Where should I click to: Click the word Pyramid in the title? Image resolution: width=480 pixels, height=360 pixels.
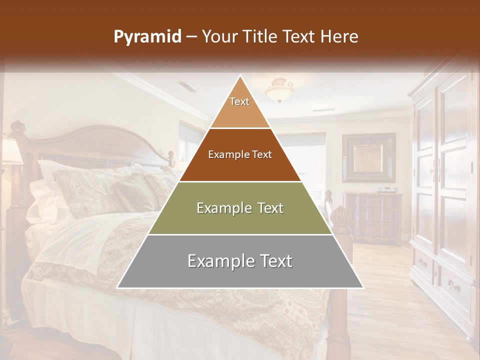point(147,37)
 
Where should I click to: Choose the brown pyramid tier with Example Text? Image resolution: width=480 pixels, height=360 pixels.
point(240,155)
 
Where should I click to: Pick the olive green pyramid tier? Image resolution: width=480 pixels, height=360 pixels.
point(240,208)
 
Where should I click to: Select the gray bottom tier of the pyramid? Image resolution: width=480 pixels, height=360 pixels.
point(240,261)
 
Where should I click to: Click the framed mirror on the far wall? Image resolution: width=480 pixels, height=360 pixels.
point(368,157)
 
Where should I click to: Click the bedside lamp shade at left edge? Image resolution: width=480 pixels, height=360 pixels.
point(11,151)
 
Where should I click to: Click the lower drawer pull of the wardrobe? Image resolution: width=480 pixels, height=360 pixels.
point(452,286)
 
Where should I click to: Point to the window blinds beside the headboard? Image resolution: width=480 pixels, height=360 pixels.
point(190,142)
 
